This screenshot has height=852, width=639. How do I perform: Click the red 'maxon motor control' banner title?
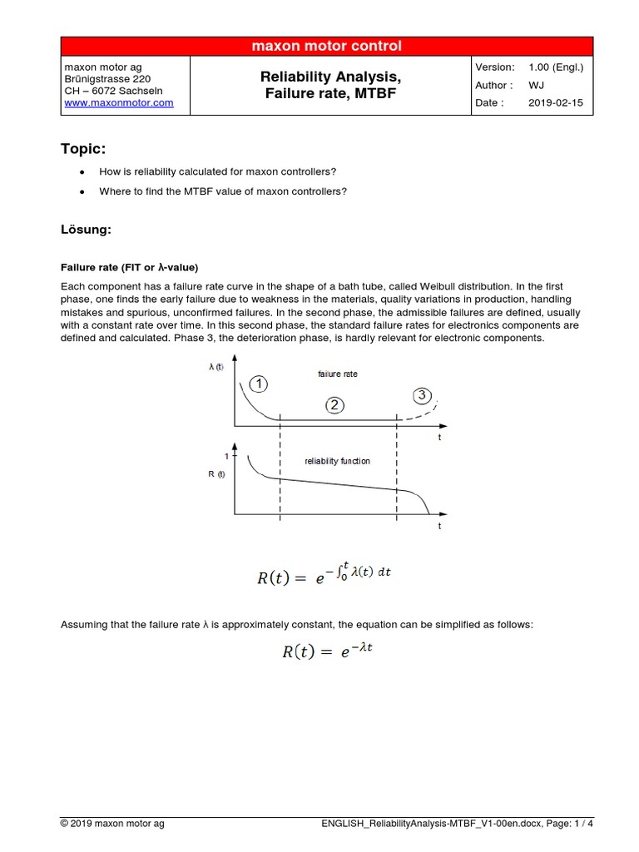tap(326, 47)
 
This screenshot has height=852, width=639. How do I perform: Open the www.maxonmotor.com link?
tap(118, 103)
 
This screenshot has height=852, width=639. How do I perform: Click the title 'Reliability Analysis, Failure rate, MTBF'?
tap(330, 86)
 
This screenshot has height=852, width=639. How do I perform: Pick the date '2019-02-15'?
tap(557, 103)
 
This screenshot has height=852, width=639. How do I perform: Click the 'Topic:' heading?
tap(83, 149)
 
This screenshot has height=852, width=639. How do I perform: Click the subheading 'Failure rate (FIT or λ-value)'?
tap(129, 267)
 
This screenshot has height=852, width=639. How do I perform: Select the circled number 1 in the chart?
tap(259, 384)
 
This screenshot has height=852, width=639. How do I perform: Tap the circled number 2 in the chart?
tap(334, 405)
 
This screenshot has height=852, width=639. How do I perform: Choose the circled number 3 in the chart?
tap(422, 394)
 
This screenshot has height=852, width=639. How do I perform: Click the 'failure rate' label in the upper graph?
tap(338, 374)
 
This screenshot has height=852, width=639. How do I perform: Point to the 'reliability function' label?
tap(337, 461)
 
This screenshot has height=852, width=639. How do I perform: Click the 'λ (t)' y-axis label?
tap(216, 367)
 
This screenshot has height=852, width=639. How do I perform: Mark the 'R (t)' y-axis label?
tap(216, 475)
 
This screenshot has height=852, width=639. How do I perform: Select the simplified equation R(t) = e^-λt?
tap(325, 652)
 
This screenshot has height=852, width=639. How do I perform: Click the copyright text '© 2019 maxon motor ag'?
tap(112, 824)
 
